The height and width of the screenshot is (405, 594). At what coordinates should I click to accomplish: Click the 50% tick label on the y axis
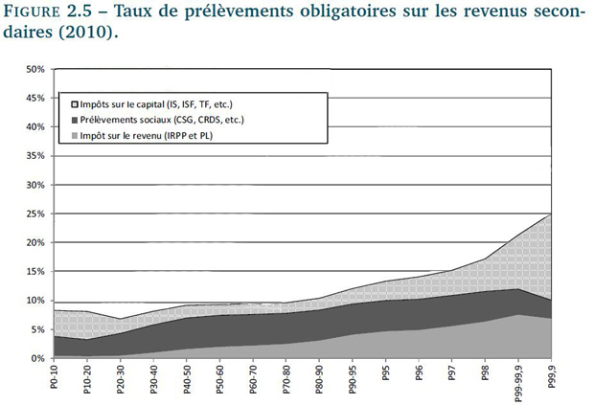coord(34,69)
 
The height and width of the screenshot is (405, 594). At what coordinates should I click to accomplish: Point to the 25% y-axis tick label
coord(34,214)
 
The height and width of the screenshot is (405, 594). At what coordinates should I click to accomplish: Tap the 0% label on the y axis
coord(37,358)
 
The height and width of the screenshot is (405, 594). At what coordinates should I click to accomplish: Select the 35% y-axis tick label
coord(34,156)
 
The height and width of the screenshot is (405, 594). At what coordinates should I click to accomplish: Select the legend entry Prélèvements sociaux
coord(153,120)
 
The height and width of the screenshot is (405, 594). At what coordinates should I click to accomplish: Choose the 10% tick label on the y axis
coord(34,301)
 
